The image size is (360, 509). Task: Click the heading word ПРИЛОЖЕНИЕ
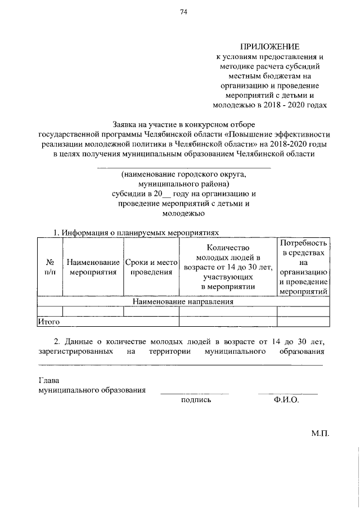point(271,47)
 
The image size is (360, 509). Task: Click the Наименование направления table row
point(183,302)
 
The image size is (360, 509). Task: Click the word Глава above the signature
point(48,380)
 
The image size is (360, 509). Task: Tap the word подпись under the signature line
point(196,400)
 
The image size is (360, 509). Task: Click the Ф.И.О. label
point(286,400)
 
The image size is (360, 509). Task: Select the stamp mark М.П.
point(319,434)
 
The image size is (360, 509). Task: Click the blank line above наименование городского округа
point(184,168)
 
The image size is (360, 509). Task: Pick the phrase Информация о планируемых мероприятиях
point(139,232)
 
